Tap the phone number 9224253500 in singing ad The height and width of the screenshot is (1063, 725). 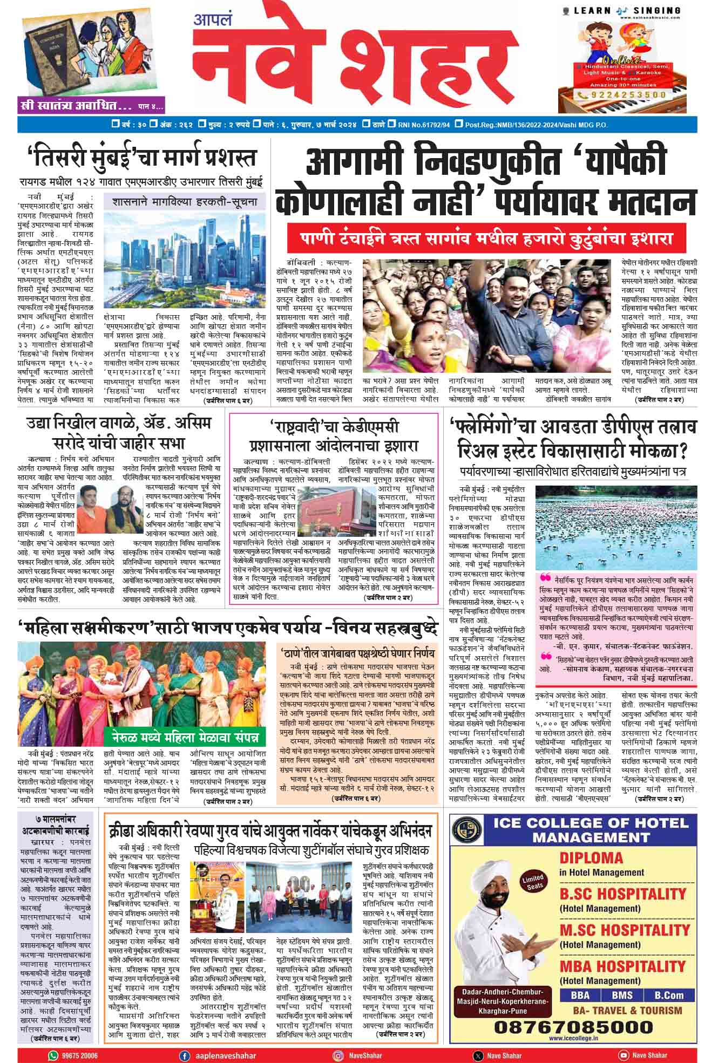(x=626, y=95)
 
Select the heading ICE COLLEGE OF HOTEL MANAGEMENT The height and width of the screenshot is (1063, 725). (x=591, y=830)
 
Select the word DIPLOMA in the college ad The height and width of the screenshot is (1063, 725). (x=591, y=858)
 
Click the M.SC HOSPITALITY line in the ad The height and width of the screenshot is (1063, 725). (x=624, y=930)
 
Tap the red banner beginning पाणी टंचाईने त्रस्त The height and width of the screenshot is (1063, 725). (x=479, y=238)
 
